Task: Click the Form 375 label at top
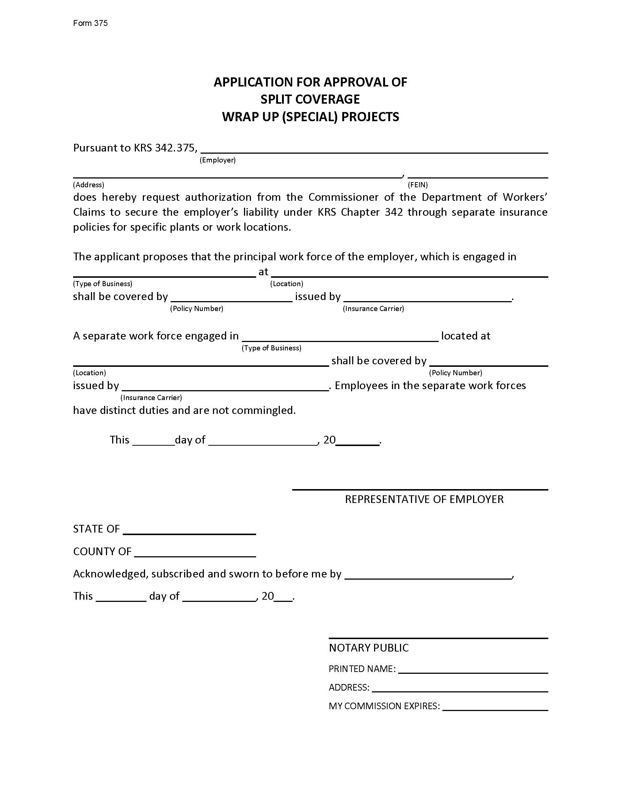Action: [90, 23]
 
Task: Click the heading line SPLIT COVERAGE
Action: [310, 99]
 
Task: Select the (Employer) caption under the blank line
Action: [217, 160]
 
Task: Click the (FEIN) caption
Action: [418, 185]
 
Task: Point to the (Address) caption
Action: [88, 185]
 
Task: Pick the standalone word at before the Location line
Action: [263, 272]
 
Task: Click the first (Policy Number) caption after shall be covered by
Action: [197, 308]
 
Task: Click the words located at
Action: [465, 336]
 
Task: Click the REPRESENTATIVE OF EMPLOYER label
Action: [424, 499]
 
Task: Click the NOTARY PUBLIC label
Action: [369, 648]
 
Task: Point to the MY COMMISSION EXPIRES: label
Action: [384, 706]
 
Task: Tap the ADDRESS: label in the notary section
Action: [349, 687]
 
